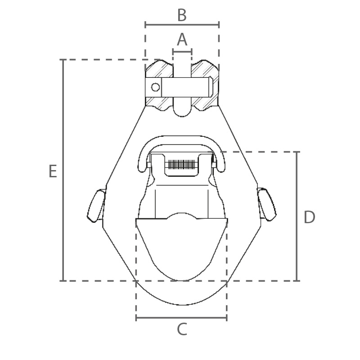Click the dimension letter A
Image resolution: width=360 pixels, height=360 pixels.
[x=182, y=40]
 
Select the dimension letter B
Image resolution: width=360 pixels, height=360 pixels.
[x=182, y=15]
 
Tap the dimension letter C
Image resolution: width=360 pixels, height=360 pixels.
[x=182, y=329]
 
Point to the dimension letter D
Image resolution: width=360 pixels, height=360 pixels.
[x=309, y=217]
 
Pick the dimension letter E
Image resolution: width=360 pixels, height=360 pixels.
[x=53, y=171]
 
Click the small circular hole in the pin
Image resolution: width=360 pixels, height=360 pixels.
[x=155, y=87]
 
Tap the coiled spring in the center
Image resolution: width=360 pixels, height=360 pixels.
[x=181, y=164]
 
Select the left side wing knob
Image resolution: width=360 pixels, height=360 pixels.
[x=96, y=206]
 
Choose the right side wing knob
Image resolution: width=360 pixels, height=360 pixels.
[x=267, y=205]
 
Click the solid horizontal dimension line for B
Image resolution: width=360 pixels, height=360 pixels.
[x=182, y=25]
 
